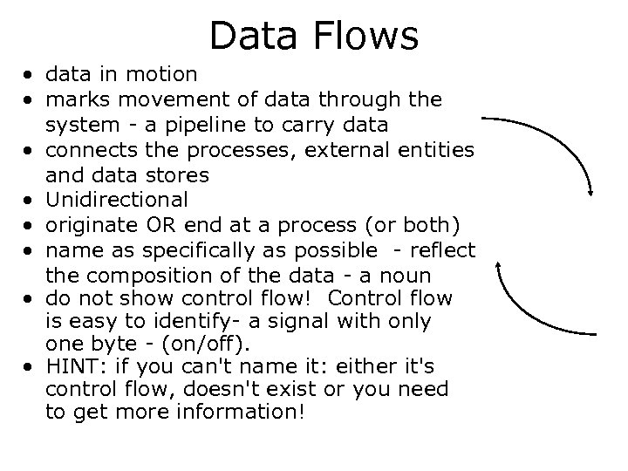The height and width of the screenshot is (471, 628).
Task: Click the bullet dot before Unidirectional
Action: [x=31, y=200]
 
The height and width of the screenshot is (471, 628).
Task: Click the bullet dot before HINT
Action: [x=31, y=364]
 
